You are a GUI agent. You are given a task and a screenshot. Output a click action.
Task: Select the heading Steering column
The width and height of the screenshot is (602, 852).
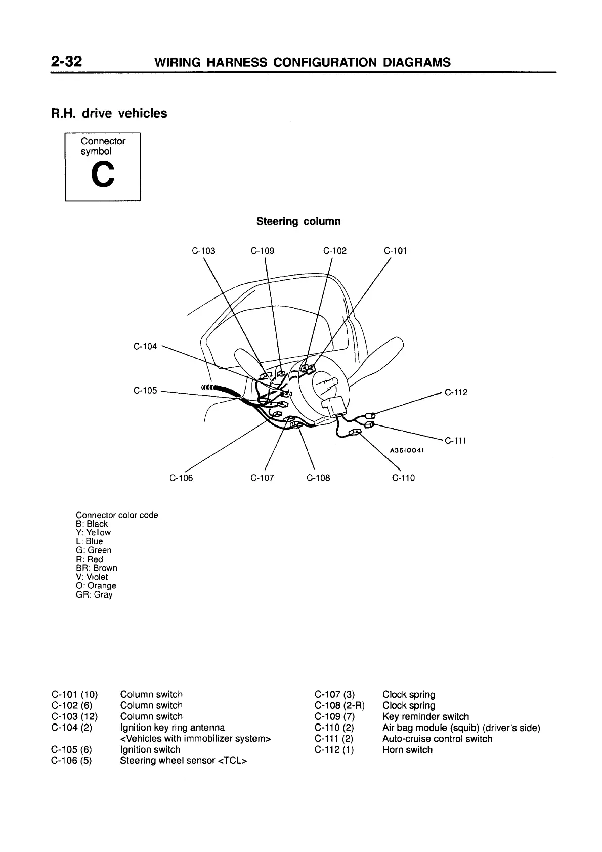[298, 221]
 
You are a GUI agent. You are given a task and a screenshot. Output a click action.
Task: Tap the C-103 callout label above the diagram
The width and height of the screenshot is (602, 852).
[204, 251]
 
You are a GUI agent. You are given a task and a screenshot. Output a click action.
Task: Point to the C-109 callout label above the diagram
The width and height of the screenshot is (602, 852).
[263, 251]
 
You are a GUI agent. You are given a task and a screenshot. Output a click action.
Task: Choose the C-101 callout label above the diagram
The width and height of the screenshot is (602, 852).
[395, 251]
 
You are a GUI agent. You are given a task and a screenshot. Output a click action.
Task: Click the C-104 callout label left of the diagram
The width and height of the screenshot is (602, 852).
[145, 347]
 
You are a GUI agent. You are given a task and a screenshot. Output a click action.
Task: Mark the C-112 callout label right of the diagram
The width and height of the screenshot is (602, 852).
[456, 392]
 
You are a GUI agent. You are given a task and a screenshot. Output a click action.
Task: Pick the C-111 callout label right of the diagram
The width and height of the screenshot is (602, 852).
[455, 441]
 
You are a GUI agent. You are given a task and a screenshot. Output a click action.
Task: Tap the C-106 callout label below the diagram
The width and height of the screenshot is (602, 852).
[181, 478]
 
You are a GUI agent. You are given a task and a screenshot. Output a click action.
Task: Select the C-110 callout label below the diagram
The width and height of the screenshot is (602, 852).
[403, 478]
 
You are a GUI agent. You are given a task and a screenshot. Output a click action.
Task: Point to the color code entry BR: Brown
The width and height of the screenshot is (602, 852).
[96, 568]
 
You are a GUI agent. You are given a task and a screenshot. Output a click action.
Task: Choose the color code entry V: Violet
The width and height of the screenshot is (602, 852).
[92, 577]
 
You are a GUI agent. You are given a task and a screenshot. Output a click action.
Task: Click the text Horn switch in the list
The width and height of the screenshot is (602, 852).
[407, 750]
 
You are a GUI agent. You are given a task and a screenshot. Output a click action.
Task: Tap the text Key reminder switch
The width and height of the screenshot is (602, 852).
[425, 716]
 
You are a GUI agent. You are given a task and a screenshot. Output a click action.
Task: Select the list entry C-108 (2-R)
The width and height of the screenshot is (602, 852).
[339, 705]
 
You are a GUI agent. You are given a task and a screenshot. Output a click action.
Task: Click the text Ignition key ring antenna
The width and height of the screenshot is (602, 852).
[173, 728]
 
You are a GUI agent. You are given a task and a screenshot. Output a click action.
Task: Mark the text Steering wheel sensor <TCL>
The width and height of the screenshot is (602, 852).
[183, 761]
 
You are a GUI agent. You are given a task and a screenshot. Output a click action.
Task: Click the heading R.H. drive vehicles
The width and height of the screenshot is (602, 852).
[109, 113]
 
